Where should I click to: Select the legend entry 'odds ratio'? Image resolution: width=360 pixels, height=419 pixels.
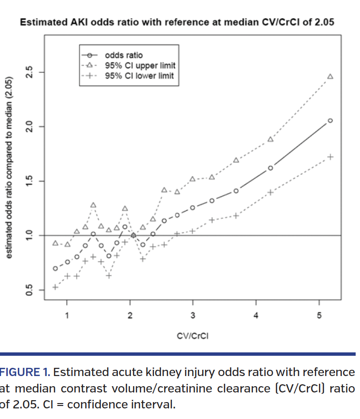pyautogui.click(x=124, y=55)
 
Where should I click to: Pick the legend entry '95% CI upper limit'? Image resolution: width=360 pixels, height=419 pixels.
pyautogui.click(x=140, y=65)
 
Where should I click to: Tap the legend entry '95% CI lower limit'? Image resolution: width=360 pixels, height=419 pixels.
pyautogui.click(x=139, y=76)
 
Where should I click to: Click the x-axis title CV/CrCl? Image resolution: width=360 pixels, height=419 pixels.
pyautogui.click(x=193, y=336)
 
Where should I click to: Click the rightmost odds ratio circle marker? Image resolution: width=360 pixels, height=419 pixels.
pyautogui.click(x=330, y=121)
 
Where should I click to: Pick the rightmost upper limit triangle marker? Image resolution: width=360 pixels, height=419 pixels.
pyautogui.click(x=330, y=76)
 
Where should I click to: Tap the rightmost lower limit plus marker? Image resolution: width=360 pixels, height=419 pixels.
pyautogui.click(x=330, y=157)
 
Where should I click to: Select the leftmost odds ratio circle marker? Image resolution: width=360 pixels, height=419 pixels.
pyautogui.click(x=55, y=268)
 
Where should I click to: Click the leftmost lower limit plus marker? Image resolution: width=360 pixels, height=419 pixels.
pyautogui.click(x=55, y=287)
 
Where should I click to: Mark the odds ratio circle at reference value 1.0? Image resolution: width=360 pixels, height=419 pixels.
pyautogui.click(x=133, y=236)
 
